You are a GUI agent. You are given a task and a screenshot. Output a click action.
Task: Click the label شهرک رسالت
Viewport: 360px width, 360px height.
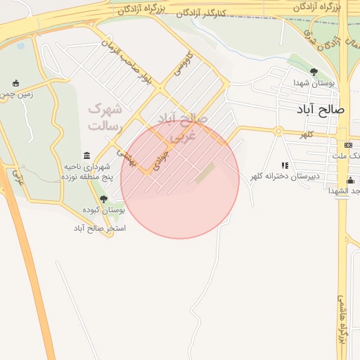pos(105,118)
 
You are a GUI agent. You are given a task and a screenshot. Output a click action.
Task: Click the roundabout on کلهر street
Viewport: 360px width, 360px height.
pos(278,131)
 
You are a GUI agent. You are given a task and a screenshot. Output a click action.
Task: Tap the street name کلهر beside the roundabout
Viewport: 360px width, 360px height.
pos(307,134)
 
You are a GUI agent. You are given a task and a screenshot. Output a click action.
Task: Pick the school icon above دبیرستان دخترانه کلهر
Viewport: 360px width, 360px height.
pos(285,165)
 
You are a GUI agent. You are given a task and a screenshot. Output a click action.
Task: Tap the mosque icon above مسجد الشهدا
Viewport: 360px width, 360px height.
pos(351,181)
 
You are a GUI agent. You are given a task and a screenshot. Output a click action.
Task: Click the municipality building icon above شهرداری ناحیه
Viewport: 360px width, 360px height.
pos(86,155)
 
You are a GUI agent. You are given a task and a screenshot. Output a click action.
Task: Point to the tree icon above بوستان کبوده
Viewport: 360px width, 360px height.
pos(103,200)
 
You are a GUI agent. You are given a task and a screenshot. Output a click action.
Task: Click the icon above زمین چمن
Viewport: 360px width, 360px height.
pos(15,83)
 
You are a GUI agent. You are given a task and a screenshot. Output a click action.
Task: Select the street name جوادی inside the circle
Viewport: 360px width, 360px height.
pos(165,155)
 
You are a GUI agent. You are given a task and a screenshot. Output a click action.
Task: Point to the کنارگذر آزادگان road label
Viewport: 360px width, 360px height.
pos(204,13)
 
